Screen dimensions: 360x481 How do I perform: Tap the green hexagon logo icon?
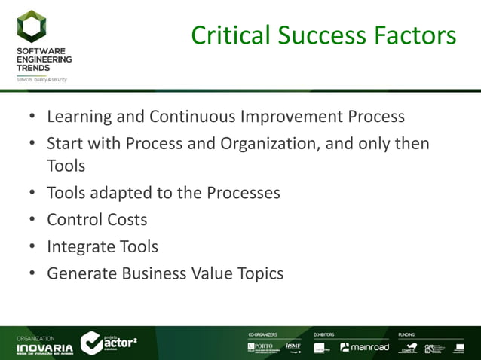pyautogui.click(x=32, y=27)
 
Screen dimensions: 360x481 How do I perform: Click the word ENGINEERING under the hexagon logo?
pyautogui.click(x=44, y=59)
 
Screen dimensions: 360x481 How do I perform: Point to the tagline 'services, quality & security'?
pyautogui.click(x=42, y=78)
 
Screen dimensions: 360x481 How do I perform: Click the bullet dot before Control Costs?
pyautogui.click(x=32, y=220)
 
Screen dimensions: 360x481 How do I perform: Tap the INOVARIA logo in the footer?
pyautogui.click(x=45, y=348)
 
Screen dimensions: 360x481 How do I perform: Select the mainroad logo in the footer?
pyautogui.click(x=365, y=347)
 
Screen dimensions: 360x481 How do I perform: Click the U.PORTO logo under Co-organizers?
pyautogui.click(x=261, y=347)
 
